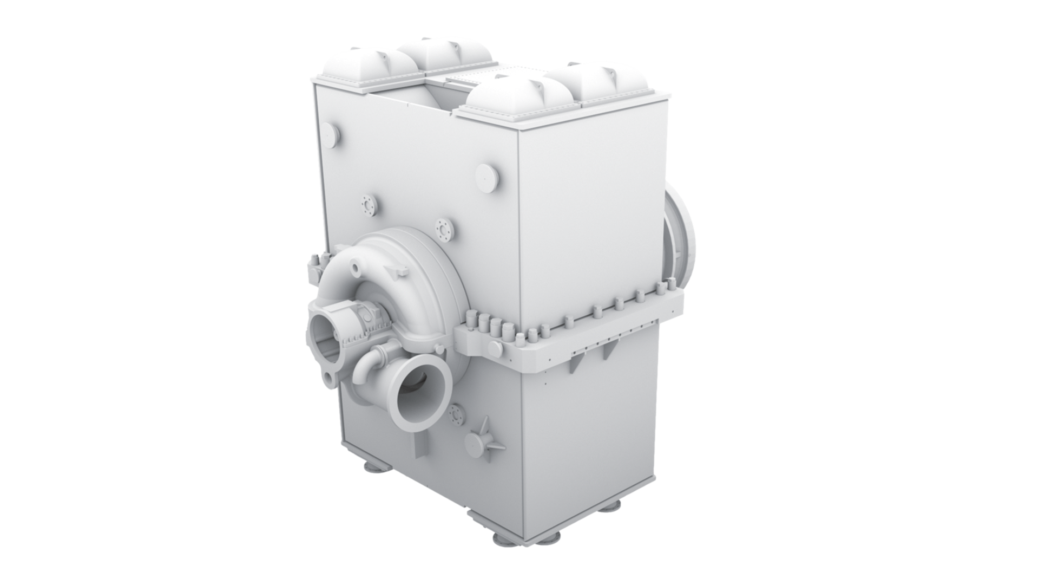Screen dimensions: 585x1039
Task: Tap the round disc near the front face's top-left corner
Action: coord(331,132)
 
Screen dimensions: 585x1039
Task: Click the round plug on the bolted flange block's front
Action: coord(494,349)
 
